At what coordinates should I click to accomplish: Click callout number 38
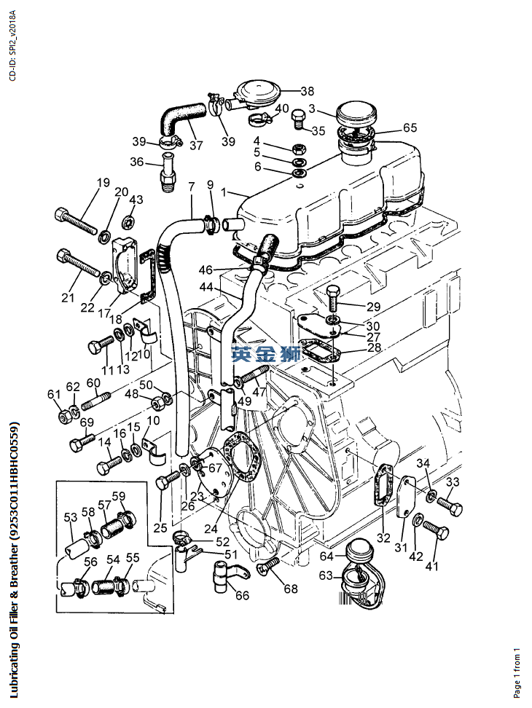(x=307, y=91)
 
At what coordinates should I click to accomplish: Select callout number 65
(x=410, y=127)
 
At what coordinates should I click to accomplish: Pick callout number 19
(x=103, y=182)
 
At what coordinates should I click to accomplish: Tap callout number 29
(x=373, y=307)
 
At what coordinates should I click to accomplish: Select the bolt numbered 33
(x=450, y=506)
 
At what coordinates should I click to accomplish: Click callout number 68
(x=291, y=589)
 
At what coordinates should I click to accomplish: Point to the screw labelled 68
(x=267, y=565)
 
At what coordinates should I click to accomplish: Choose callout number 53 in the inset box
(x=71, y=517)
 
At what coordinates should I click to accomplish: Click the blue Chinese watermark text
(x=266, y=353)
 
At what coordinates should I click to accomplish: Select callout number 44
(x=206, y=286)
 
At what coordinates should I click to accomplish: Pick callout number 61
(x=54, y=394)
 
